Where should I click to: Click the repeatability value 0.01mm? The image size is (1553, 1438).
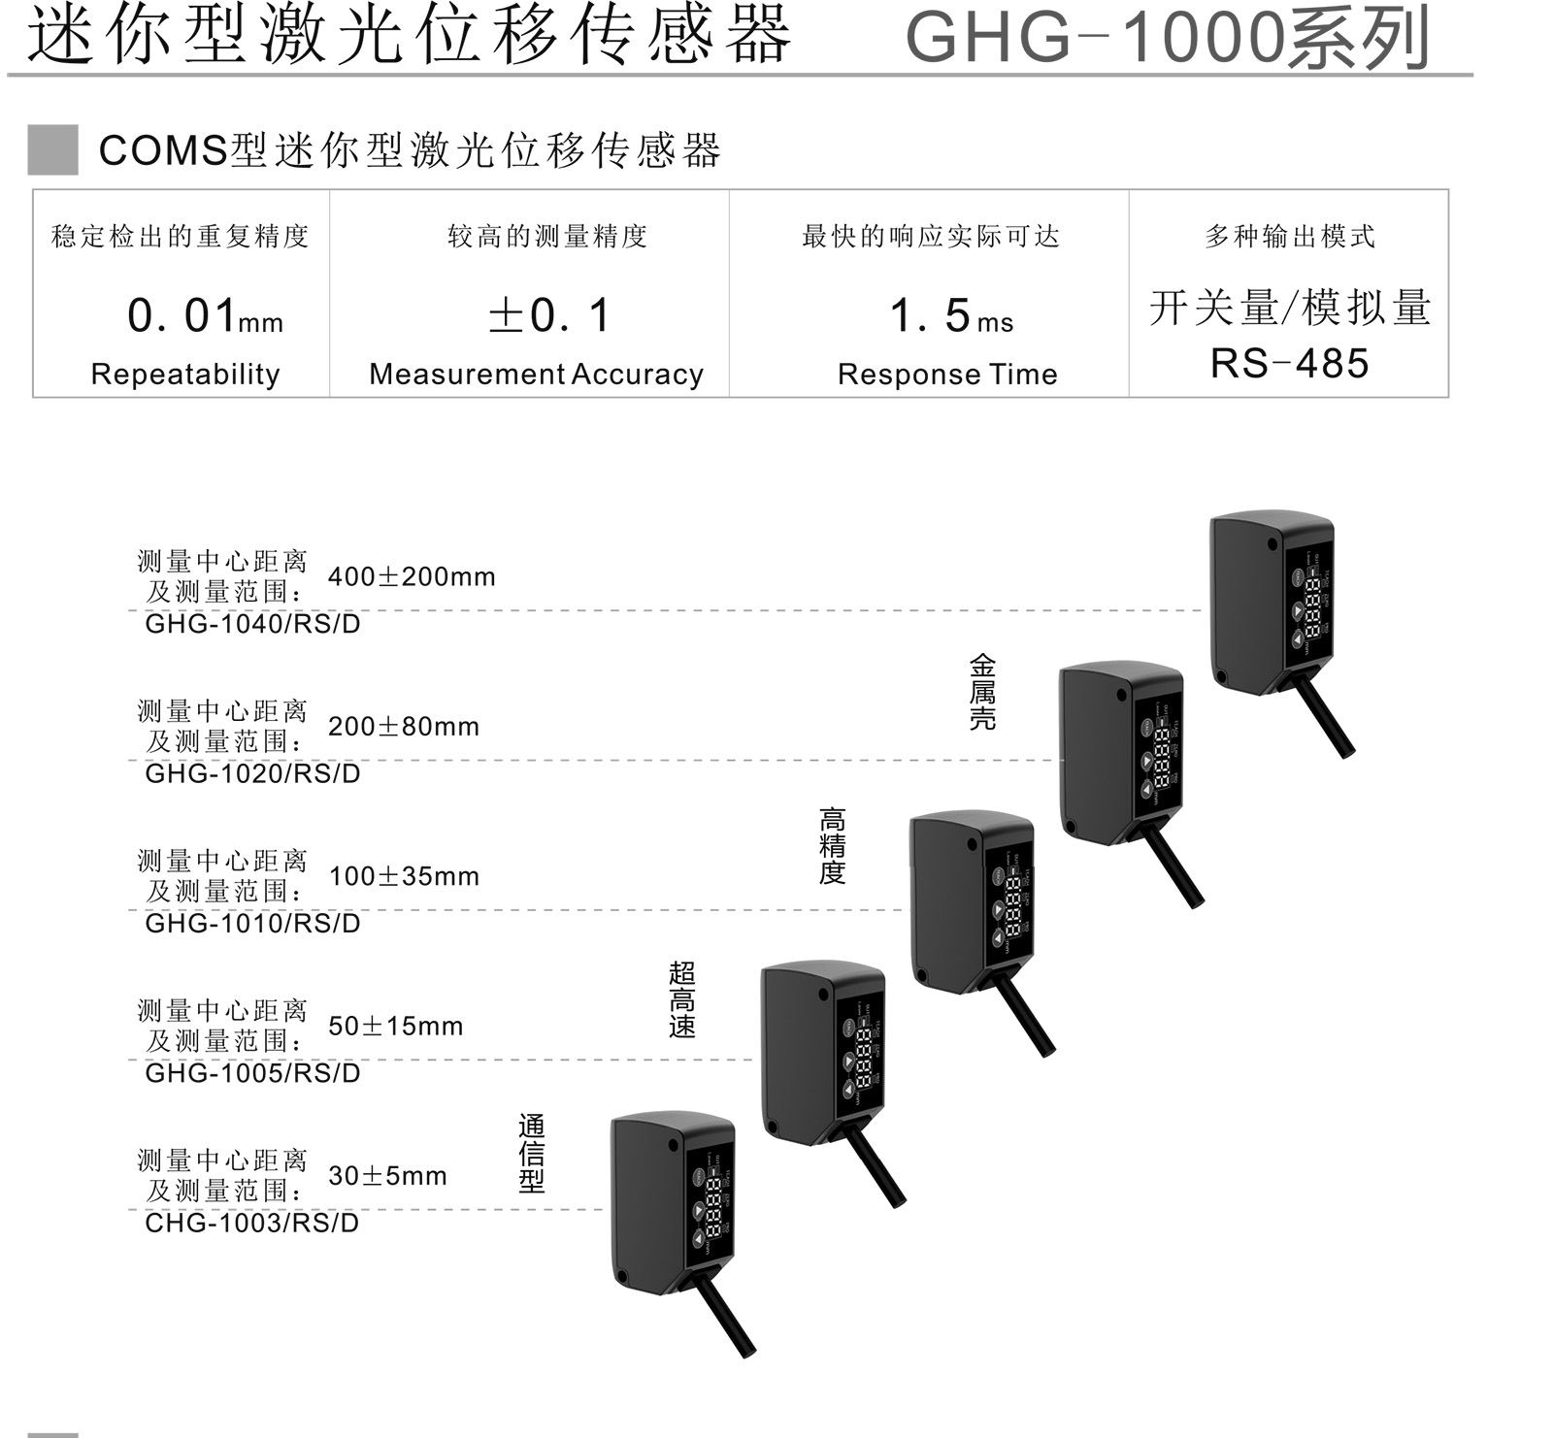(205, 316)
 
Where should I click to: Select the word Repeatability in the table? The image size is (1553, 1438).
(185, 375)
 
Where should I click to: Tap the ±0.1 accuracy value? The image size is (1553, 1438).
(549, 316)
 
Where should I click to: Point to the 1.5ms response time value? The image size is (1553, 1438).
(950, 316)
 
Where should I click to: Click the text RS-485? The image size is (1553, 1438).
(1289, 364)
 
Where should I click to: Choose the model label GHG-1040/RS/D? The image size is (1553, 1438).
(252, 624)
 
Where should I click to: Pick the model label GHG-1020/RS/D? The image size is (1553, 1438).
(252, 773)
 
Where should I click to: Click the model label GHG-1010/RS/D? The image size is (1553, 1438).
(252, 923)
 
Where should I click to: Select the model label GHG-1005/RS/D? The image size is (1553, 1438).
(252, 1073)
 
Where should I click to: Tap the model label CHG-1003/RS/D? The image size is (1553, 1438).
(251, 1223)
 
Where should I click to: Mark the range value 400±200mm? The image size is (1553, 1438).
(412, 577)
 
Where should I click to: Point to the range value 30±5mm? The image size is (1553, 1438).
(387, 1176)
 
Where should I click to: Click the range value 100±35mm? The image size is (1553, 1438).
(404, 877)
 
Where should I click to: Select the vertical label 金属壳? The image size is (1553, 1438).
(982, 692)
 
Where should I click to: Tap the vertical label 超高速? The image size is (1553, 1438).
(682, 999)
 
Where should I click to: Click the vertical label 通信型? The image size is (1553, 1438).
(532, 1153)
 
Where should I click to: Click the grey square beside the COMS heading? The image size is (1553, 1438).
(52, 150)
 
